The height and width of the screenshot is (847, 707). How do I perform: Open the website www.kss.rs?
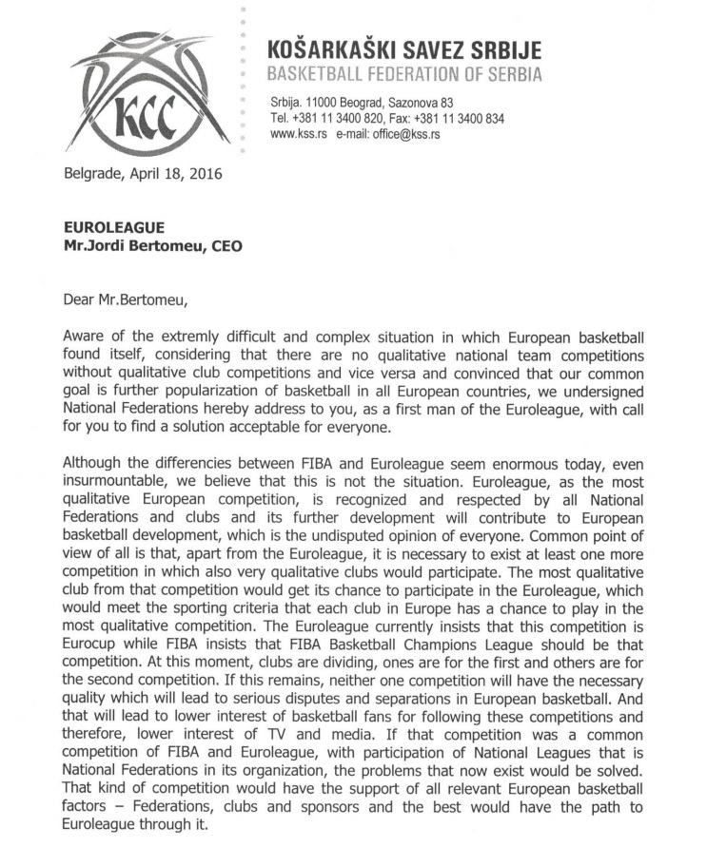[299, 135]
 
